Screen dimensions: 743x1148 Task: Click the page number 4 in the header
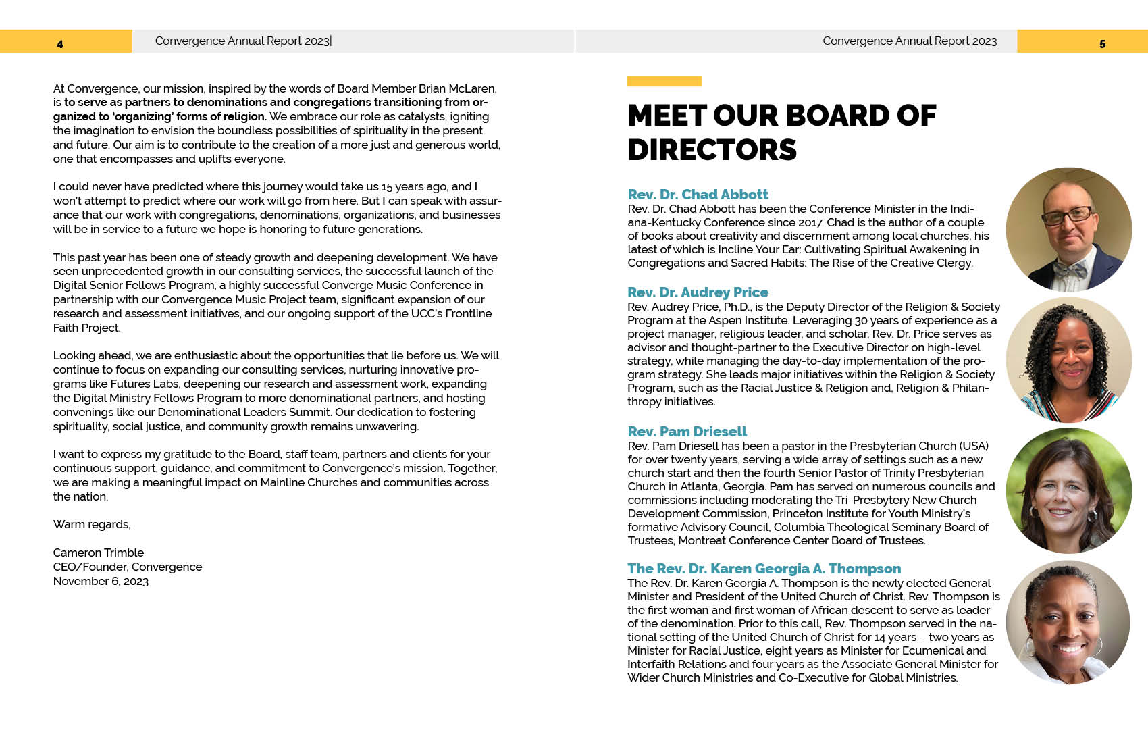(60, 44)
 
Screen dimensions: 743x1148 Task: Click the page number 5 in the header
(1102, 44)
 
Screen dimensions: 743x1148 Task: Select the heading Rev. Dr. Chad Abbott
(698, 195)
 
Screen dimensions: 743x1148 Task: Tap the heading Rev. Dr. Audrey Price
(698, 292)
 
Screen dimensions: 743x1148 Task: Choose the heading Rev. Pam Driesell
(687, 432)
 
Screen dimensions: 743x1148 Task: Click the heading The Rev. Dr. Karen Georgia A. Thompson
(764, 569)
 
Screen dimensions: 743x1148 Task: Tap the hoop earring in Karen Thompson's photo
(1098, 645)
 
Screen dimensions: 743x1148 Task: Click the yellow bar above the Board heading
(664, 81)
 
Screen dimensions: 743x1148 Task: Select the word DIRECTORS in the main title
(712, 150)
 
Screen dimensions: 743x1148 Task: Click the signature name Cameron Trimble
(99, 553)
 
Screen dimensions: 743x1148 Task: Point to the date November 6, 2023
(101, 581)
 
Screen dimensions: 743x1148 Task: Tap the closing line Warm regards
(92, 524)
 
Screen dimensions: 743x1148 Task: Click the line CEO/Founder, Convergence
(128, 567)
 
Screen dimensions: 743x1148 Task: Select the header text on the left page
(242, 41)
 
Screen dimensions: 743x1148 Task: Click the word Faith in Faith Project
(66, 328)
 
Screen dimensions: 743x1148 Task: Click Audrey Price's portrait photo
(1068, 360)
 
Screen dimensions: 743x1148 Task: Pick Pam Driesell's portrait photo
(1068, 490)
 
